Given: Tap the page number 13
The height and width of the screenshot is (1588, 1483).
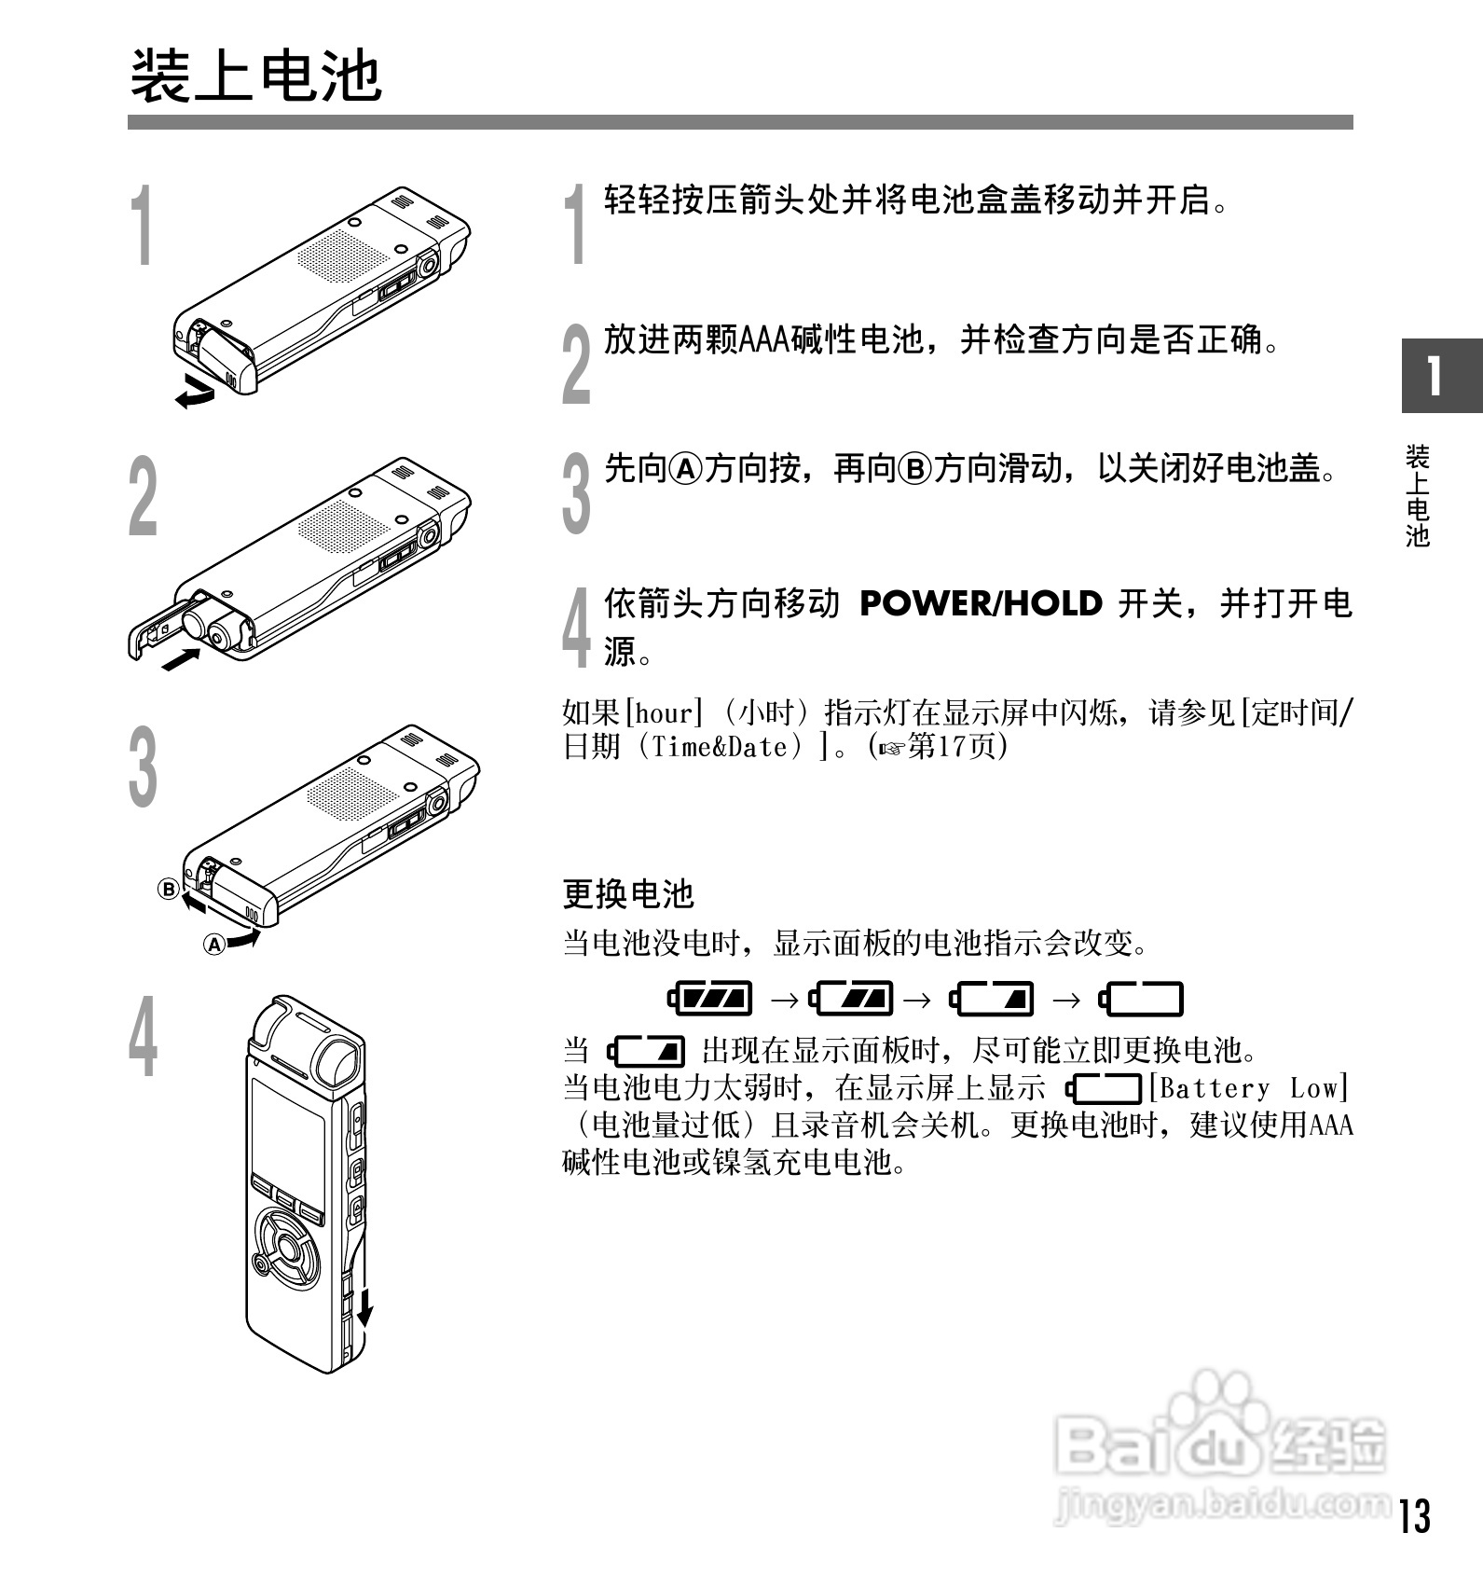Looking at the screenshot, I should pos(1414,1516).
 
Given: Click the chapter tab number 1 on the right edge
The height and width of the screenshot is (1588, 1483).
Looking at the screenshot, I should pos(1435,377).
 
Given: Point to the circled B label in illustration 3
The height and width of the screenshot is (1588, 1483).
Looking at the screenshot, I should pos(168,889).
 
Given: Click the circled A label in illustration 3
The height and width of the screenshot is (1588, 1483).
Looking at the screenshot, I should pos(214,945).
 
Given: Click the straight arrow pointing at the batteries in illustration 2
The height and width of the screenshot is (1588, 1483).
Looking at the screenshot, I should pos(180,659).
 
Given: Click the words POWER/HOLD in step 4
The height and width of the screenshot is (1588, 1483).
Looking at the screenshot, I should pos(981,604).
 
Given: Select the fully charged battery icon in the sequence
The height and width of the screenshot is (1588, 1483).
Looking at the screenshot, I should pos(711,999).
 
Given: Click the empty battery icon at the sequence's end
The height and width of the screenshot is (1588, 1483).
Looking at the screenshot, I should pos(1142,999).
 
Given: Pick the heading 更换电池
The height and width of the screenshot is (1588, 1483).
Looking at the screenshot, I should pos(628,894).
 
